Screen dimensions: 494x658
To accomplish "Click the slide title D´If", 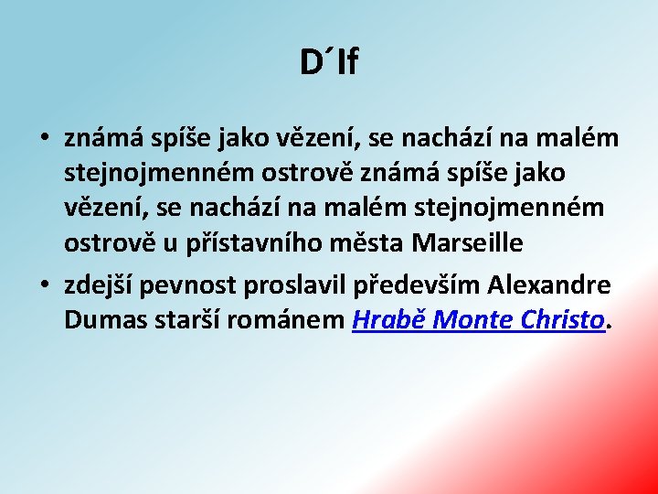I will (x=329, y=62).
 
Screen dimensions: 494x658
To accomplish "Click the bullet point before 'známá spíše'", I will (x=44, y=140).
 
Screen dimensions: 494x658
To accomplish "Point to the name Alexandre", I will (x=549, y=285).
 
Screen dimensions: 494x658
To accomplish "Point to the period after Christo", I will (x=610, y=327).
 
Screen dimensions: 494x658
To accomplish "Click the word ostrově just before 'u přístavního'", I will (x=100, y=243).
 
